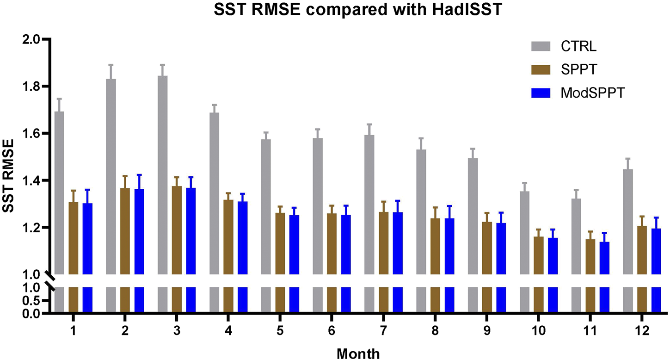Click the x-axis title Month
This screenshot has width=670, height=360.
coord(358,354)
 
